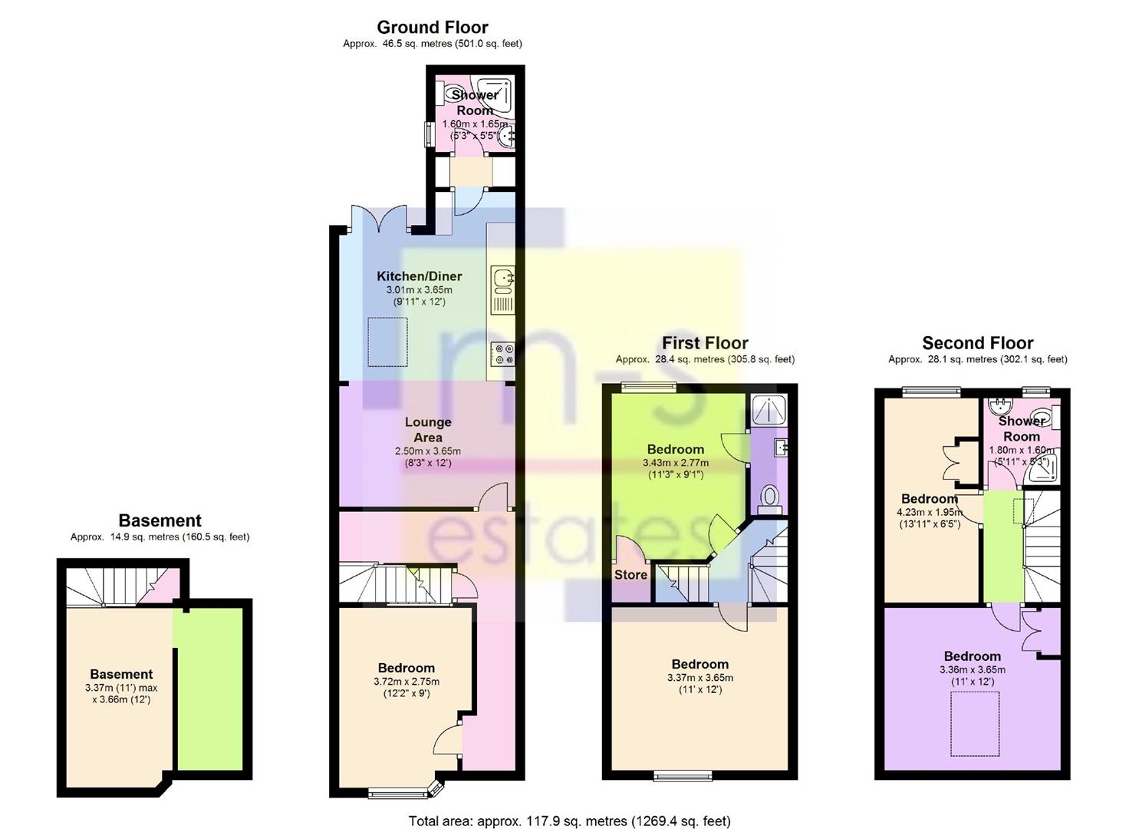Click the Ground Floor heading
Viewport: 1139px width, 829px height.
tap(433, 27)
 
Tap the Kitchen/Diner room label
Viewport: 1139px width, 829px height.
tap(419, 276)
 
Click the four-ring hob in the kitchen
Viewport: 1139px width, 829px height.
tap(503, 354)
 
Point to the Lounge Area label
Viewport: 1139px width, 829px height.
tap(428, 430)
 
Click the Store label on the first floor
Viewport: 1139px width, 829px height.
tap(630, 575)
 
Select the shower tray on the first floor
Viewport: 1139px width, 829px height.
tap(769, 408)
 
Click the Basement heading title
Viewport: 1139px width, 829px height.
tap(160, 520)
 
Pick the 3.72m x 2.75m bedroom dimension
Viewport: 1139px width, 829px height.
tap(407, 682)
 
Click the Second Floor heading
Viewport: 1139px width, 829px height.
tap(977, 343)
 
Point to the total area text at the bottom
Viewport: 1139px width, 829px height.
tap(569, 807)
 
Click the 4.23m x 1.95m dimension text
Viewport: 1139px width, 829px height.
tap(930, 513)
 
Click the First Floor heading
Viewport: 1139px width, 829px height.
tap(705, 343)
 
